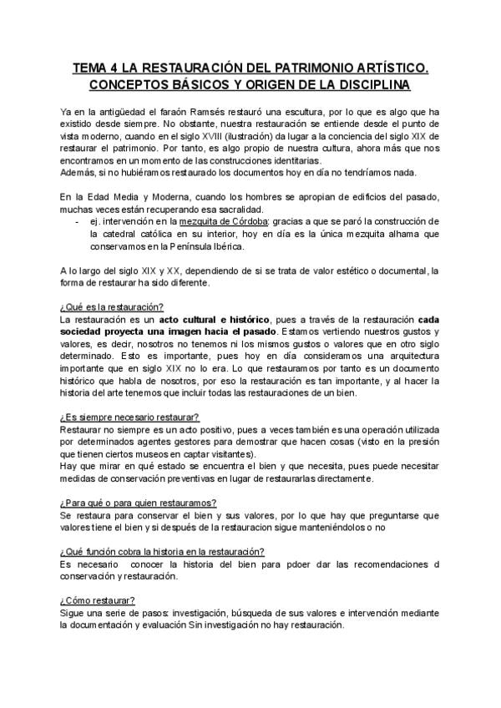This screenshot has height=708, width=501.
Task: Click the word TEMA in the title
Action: [x=90, y=68]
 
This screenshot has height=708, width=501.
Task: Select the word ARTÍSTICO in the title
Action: [x=393, y=68]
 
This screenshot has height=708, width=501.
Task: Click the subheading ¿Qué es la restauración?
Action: [x=112, y=307]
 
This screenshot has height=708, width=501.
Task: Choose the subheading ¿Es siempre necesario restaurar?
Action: [x=129, y=416]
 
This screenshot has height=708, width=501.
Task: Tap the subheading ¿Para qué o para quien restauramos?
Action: [x=139, y=503]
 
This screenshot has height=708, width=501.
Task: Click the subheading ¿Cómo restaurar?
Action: [x=98, y=601]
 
